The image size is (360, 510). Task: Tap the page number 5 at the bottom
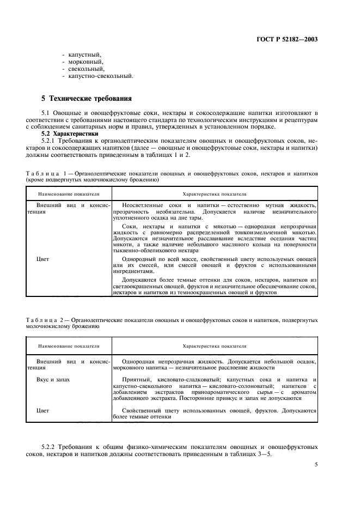[x=316, y=464]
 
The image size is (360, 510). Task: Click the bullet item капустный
[x=83, y=54]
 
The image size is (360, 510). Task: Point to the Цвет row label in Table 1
[x=43, y=259]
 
